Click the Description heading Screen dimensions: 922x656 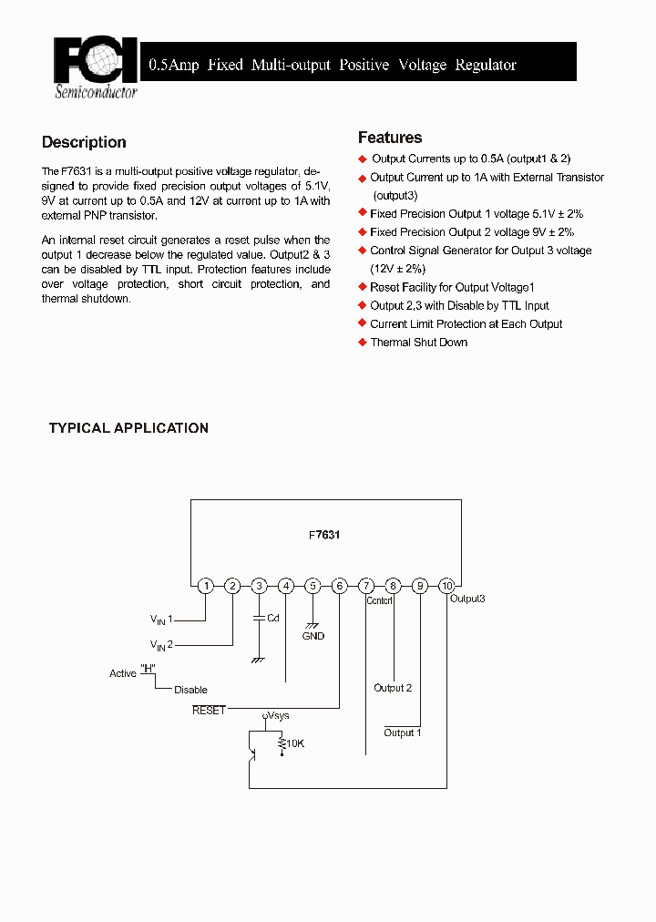84,142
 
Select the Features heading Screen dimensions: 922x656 390,138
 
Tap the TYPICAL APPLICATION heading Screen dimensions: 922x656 128,428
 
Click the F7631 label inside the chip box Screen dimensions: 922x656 324,535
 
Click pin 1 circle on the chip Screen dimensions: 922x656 206,586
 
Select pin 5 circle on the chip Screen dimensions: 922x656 313,586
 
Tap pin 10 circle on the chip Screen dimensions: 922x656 446,586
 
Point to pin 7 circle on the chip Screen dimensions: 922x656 366,586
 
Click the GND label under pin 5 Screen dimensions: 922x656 313,636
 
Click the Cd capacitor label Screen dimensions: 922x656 272,618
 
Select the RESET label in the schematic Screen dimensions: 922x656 209,710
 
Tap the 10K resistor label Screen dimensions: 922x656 295,744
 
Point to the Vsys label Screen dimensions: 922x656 278,716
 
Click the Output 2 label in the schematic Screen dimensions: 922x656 393,688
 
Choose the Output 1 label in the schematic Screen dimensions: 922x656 402,732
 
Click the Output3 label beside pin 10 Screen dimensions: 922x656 467,599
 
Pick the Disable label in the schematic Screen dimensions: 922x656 190,690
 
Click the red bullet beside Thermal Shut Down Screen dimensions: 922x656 362,343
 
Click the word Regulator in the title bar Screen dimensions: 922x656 486,65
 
